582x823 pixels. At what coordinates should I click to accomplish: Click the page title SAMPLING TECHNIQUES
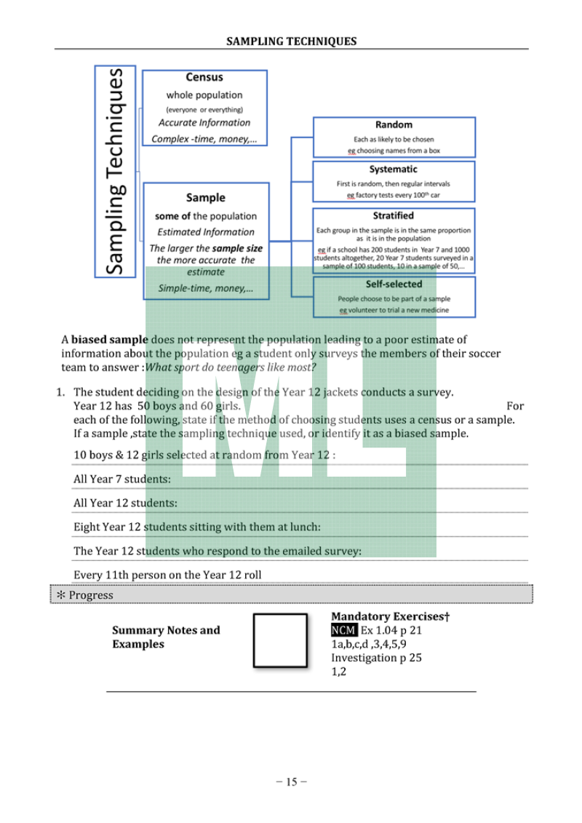click(291, 41)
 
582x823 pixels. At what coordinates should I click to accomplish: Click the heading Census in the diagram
click(204, 77)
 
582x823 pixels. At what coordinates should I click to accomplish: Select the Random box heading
click(394, 124)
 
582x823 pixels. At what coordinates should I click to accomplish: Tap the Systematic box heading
click(393, 170)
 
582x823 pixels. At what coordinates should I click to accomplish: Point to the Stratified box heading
click(393, 215)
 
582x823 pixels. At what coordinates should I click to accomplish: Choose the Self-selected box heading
click(394, 284)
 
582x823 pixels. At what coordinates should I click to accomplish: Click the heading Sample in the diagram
click(206, 197)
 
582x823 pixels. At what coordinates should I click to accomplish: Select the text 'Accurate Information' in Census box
click(204, 123)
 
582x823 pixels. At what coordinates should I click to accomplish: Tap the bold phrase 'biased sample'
click(109, 339)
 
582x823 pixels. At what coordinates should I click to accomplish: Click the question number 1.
click(61, 392)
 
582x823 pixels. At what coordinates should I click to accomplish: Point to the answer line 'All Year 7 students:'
click(122, 480)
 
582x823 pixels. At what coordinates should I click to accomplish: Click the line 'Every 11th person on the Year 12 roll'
click(167, 575)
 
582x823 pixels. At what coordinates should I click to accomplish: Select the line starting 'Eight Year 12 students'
click(196, 527)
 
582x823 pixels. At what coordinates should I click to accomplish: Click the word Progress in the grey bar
click(91, 595)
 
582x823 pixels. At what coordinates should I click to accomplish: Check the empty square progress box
click(280, 640)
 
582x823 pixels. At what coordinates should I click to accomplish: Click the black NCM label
click(343, 630)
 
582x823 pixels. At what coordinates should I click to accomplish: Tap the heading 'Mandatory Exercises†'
click(390, 617)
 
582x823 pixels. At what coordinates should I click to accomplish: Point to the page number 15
click(291, 782)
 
